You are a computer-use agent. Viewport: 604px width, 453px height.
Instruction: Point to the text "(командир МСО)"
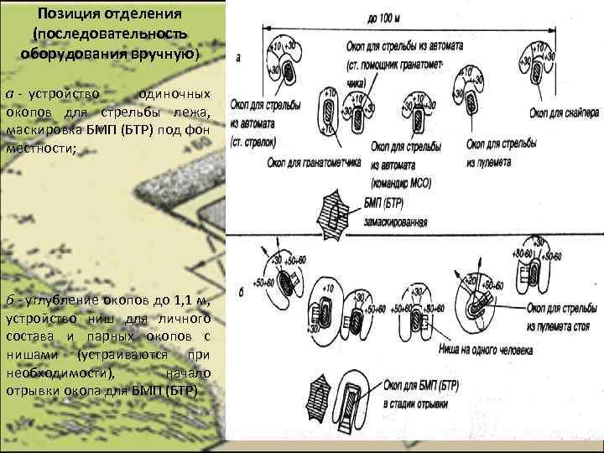pos(399,182)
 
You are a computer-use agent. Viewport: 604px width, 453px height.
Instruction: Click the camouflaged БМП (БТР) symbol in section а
pos(336,212)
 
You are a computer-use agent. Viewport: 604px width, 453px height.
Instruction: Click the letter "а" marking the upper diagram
pos(238,58)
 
